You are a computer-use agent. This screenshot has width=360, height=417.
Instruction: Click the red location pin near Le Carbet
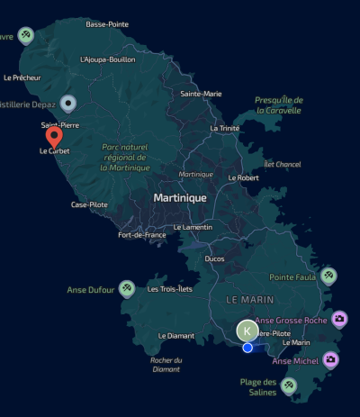[54, 136]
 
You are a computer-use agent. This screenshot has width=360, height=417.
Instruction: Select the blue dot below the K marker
[247, 347]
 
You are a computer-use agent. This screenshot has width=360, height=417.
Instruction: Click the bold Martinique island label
[180, 197]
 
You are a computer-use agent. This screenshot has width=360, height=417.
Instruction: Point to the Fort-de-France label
[142, 235]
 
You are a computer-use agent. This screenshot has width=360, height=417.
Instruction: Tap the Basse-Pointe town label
[108, 24]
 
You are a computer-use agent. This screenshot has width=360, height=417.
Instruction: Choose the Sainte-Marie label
[201, 94]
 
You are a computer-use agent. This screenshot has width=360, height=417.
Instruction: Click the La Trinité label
[225, 128]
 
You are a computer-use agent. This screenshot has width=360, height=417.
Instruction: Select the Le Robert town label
[243, 178]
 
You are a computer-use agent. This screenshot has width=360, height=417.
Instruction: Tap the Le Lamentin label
[193, 227]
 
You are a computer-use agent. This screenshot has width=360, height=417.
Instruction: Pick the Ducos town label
[215, 258]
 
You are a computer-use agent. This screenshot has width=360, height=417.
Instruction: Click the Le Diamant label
[175, 336]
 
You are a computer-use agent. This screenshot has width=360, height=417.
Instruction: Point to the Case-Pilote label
[89, 205]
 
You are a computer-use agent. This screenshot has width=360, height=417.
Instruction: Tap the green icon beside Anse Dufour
[128, 288]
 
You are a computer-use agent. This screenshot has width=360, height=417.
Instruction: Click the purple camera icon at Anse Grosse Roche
[339, 319]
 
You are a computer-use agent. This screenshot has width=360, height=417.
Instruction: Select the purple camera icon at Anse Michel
[331, 359]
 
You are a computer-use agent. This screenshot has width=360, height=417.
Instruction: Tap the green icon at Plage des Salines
[289, 385]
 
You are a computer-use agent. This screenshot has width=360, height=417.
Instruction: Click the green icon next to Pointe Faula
[329, 275]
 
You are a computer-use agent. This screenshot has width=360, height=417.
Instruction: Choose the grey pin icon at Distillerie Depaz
[67, 104]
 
